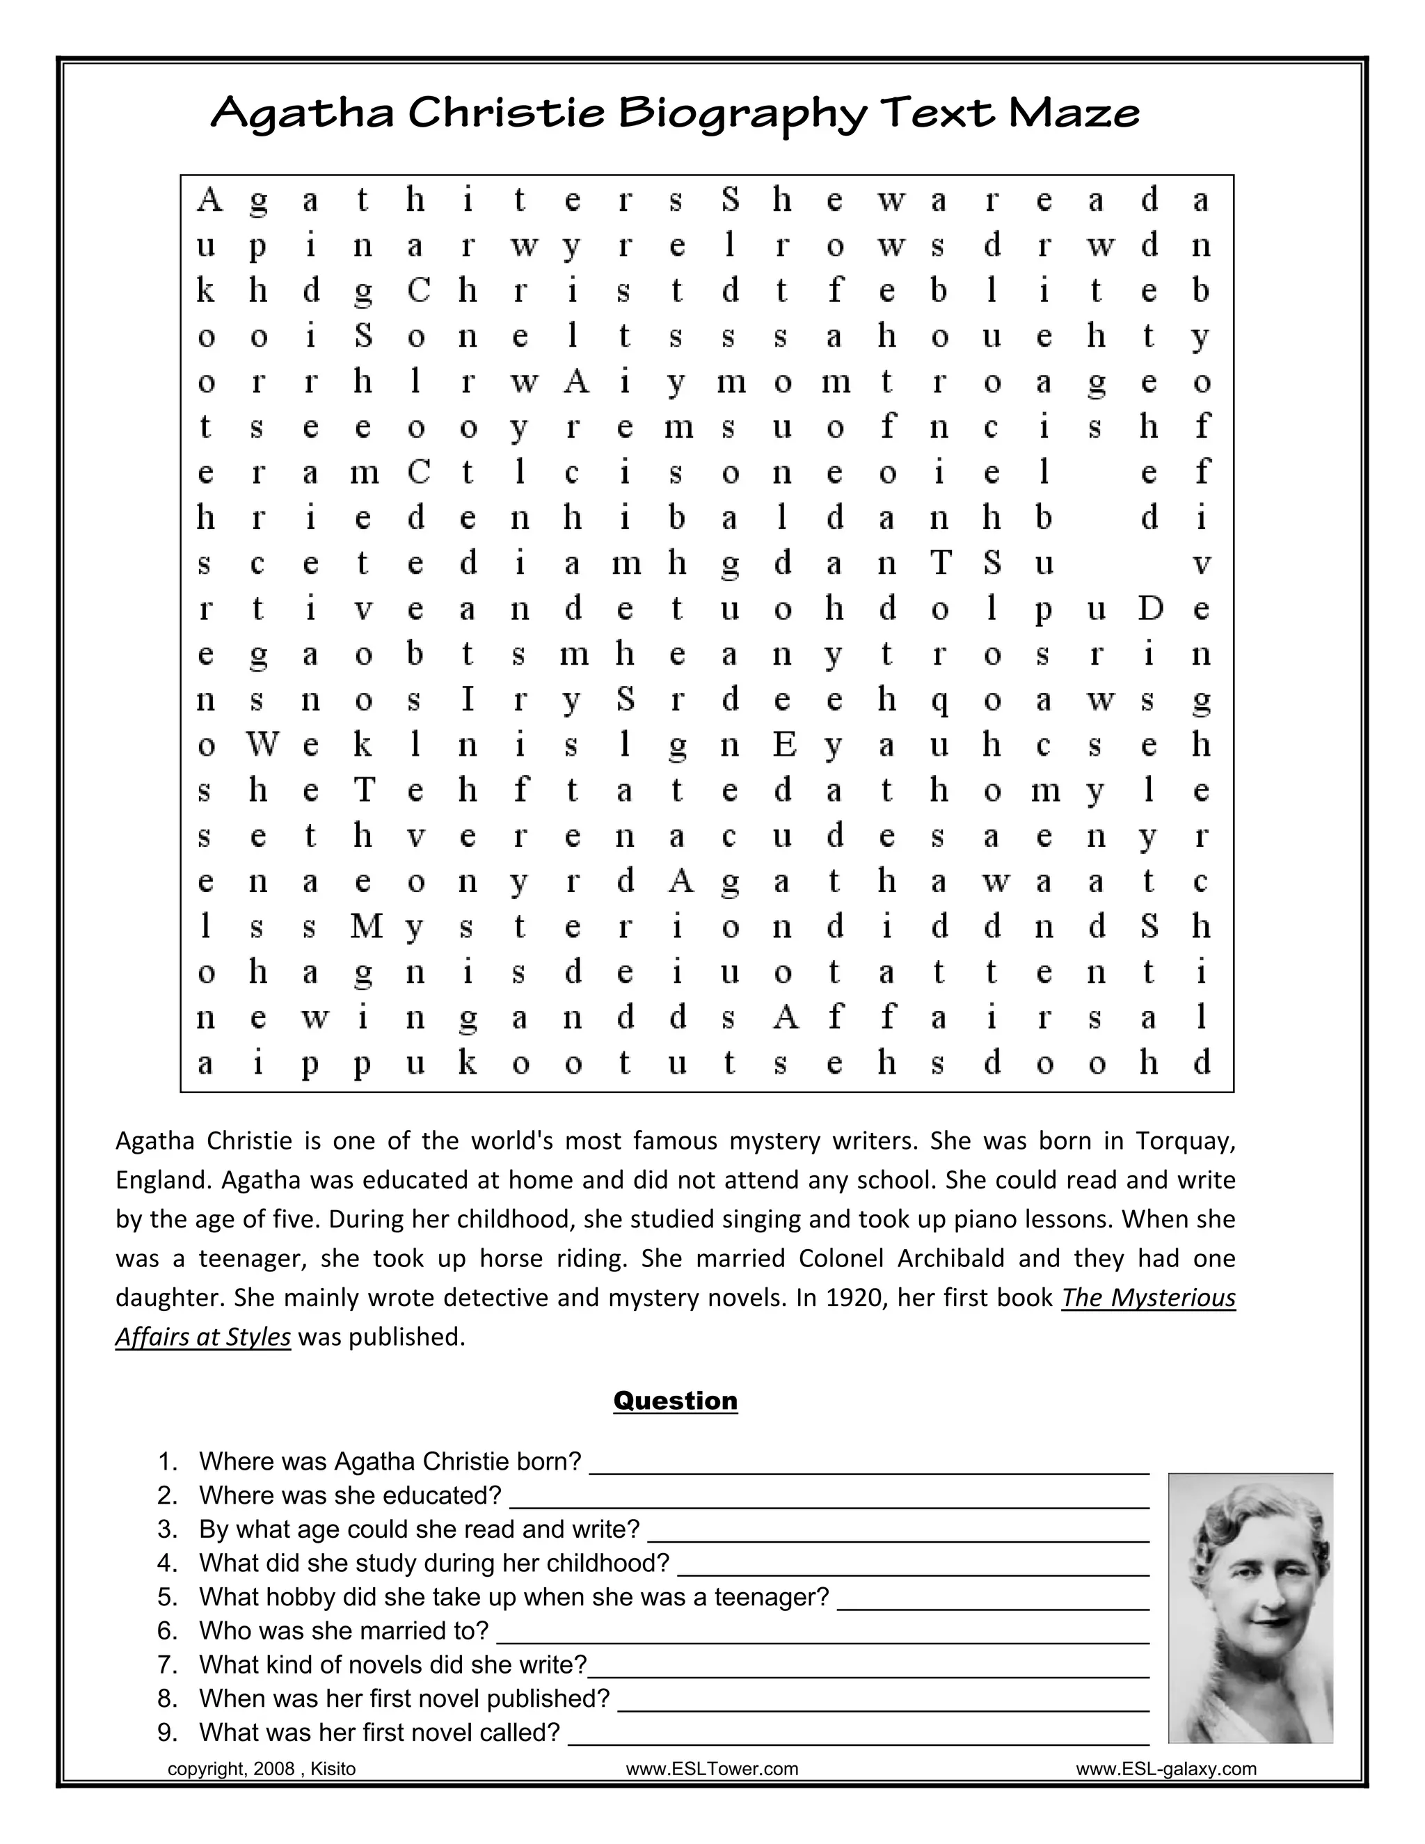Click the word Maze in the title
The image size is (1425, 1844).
coord(1074,113)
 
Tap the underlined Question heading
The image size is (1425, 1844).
coord(676,1401)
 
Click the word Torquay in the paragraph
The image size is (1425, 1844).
coord(1185,1141)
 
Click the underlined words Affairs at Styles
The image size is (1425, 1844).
coord(202,1337)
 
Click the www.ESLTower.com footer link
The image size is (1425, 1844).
coord(712,1769)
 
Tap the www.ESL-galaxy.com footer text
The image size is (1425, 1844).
coord(1166,1769)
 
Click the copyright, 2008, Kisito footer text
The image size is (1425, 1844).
coord(262,1769)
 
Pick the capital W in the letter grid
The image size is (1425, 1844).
coord(262,745)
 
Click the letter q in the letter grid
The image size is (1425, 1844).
coord(939,701)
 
